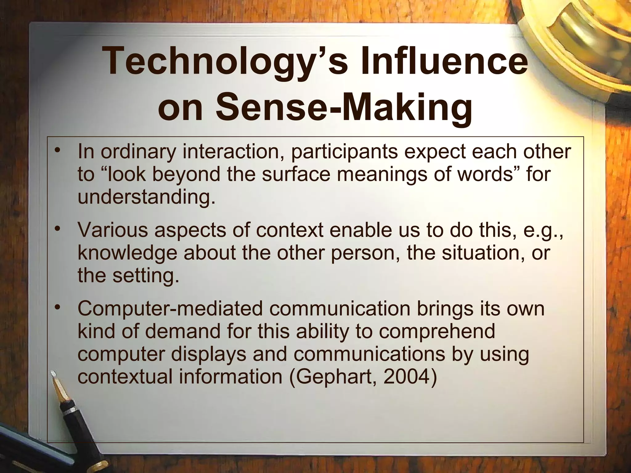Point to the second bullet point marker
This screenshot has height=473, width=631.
(57, 229)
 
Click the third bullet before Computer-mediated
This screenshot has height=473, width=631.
(57, 307)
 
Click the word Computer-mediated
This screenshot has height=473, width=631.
(170, 309)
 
